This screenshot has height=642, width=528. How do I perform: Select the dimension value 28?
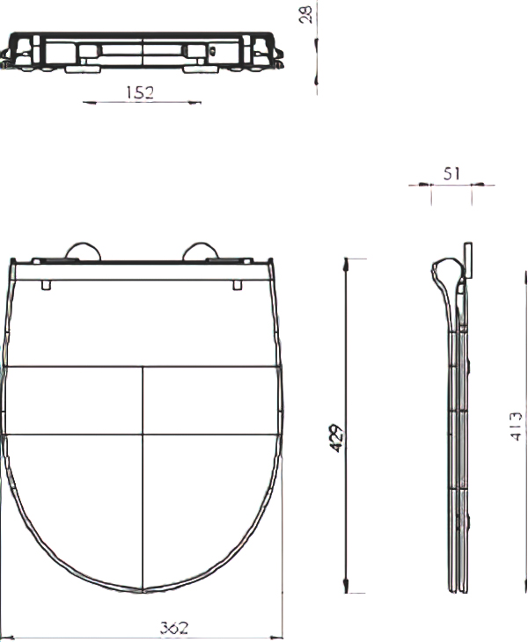[307, 15]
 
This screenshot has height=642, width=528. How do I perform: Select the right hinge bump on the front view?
[200, 252]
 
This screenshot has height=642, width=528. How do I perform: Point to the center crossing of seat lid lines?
[143, 433]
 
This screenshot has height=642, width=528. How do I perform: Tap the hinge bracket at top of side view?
[466, 261]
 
